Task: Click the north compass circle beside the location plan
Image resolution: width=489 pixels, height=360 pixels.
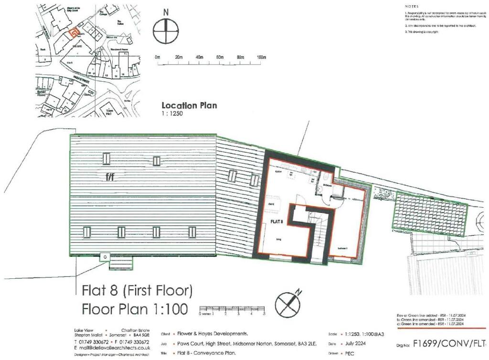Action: [x=166, y=32]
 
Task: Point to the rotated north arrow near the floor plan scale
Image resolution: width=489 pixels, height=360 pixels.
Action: [x=288, y=303]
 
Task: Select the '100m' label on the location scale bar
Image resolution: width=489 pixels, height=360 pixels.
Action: [x=261, y=58]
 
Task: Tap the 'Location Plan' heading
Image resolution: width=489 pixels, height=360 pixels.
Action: [x=189, y=106]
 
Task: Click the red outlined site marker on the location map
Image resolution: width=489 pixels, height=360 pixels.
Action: [x=73, y=33]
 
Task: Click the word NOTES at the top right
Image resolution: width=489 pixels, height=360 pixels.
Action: [x=411, y=6]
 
